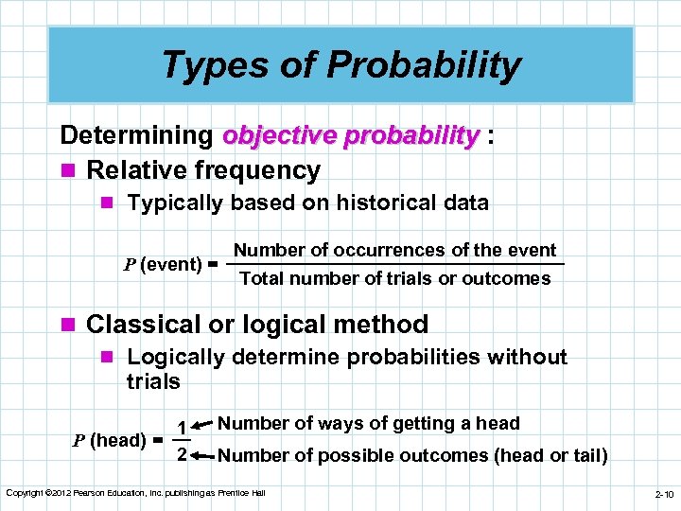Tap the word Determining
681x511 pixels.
135,135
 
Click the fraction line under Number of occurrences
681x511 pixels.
397,264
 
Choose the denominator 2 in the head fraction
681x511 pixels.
182,455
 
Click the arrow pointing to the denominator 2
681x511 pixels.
203,455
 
